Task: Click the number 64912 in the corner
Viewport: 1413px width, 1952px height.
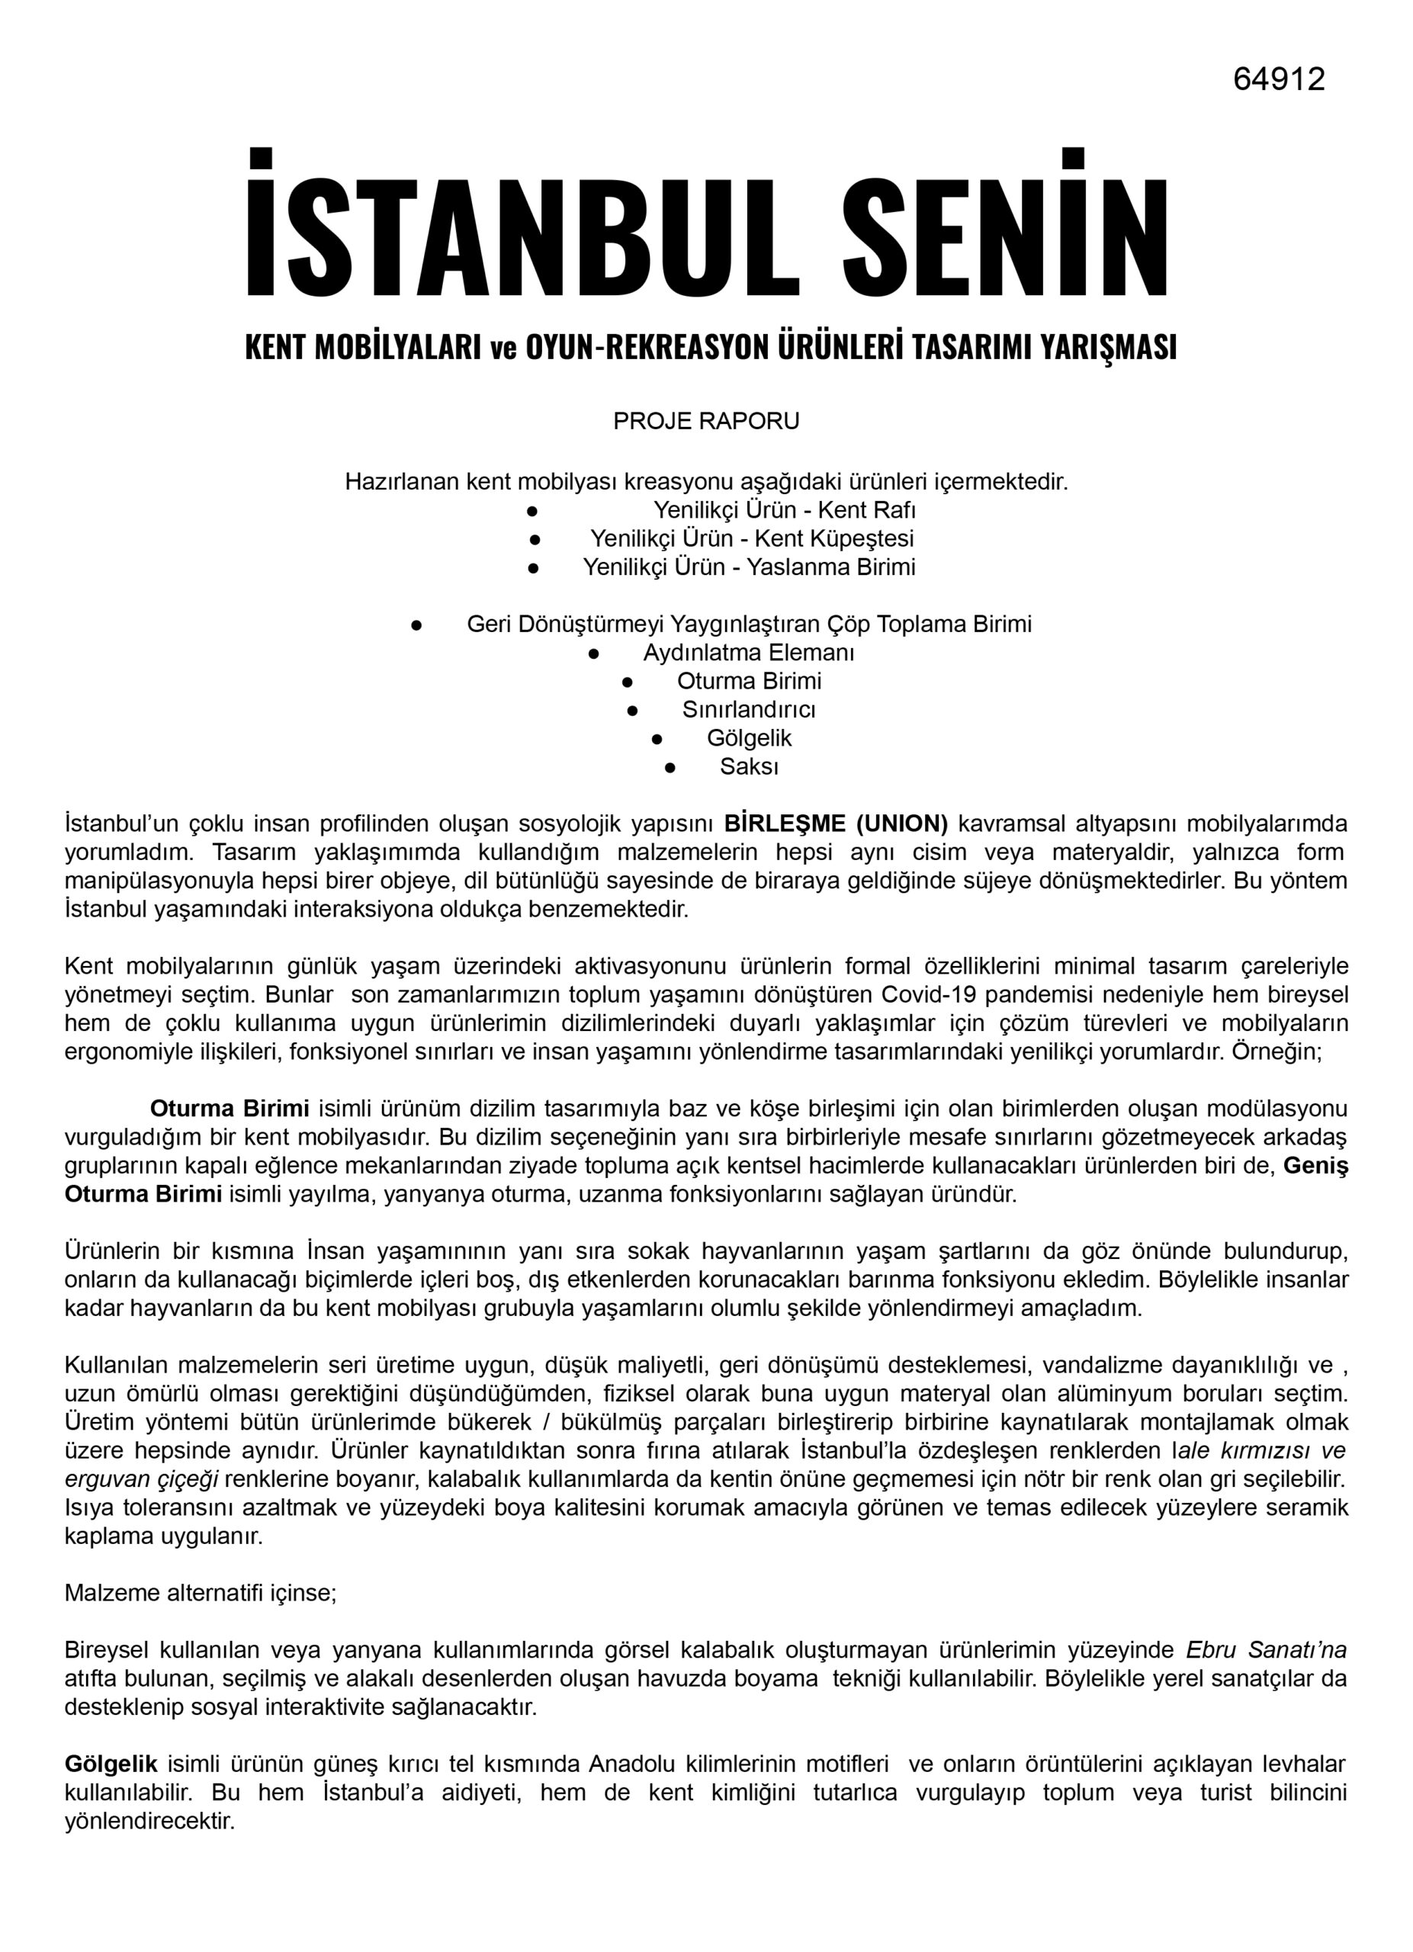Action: tap(1278, 79)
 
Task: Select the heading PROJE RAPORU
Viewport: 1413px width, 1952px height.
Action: tap(705, 421)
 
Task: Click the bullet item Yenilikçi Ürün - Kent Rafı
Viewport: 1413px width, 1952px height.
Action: tap(784, 509)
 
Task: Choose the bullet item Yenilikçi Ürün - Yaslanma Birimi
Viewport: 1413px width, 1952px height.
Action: tap(749, 567)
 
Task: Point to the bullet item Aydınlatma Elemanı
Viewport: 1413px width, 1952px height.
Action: tap(749, 653)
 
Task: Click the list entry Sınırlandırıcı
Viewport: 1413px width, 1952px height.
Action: tap(749, 709)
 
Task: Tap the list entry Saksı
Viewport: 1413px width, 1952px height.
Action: tap(749, 766)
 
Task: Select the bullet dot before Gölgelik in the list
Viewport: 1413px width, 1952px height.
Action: tap(657, 738)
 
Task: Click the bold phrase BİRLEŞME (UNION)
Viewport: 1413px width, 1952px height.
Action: tap(836, 823)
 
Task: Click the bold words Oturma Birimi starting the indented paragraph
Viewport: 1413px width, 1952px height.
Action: tap(229, 1109)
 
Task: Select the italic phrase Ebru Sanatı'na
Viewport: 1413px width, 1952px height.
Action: tap(1266, 1650)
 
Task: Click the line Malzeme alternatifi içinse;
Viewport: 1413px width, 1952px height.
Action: tap(201, 1592)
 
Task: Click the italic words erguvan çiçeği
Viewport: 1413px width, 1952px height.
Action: tap(141, 1478)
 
